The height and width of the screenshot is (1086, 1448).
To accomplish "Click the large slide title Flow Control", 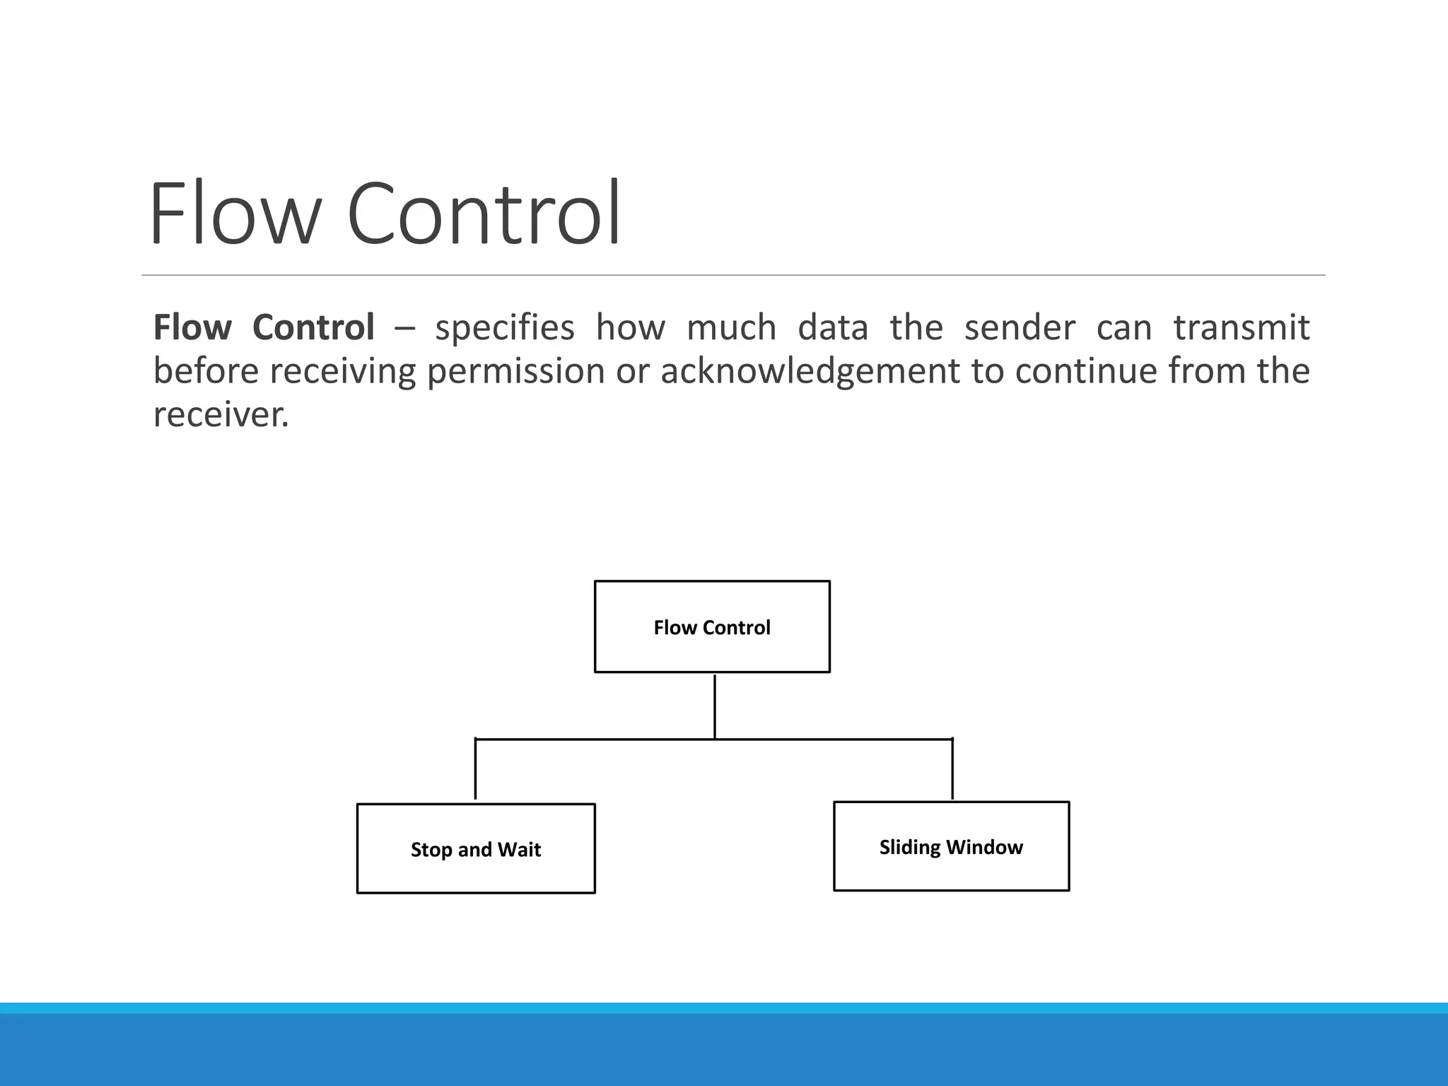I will (x=385, y=214).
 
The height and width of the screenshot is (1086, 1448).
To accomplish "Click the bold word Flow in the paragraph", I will (x=192, y=327).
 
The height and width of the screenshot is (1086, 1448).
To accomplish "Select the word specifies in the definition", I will (x=504, y=328).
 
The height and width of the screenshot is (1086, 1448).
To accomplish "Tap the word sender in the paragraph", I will (x=1020, y=328).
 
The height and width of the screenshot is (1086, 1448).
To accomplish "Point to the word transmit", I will (x=1242, y=328).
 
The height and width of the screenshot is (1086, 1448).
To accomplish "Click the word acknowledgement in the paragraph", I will (x=810, y=371).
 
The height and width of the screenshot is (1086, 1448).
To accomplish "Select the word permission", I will (x=515, y=371).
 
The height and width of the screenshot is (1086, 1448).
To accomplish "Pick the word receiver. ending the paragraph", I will (x=221, y=415).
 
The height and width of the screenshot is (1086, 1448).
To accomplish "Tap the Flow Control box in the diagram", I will (x=712, y=627).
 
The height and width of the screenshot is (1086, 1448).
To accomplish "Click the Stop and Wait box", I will (x=476, y=849).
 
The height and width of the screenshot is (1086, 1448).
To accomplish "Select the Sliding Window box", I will (x=951, y=846).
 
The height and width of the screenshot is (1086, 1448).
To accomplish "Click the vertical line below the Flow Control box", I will (x=715, y=707).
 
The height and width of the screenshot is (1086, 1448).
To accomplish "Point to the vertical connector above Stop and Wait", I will (x=475, y=769).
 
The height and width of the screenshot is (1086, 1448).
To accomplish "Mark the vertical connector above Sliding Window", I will (x=952, y=769).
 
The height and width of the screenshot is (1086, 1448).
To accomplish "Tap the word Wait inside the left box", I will (x=520, y=850).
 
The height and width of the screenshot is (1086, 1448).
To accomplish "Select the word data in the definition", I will (x=832, y=328).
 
